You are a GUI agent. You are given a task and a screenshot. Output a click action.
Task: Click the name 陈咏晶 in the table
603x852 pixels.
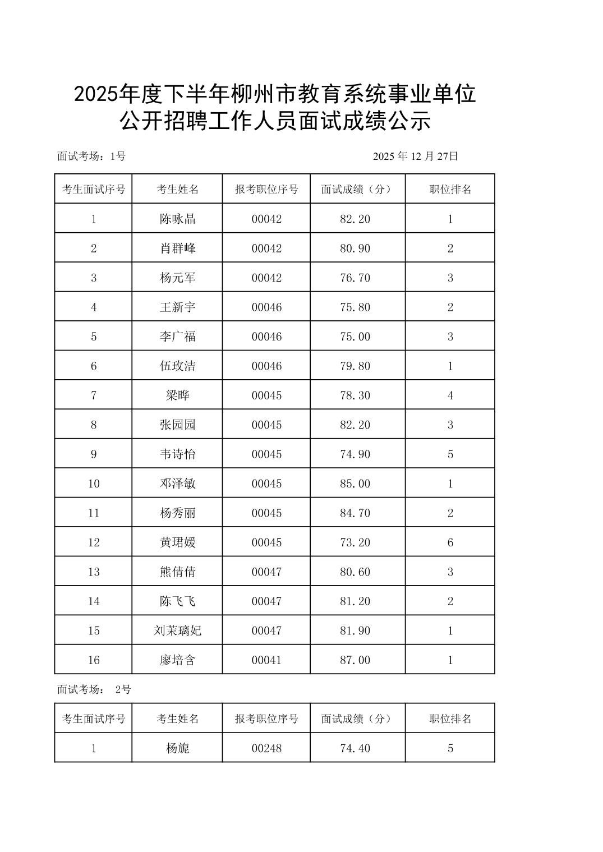tap(177, 219)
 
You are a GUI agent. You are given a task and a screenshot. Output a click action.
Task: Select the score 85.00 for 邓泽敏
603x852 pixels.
tap(355, 483)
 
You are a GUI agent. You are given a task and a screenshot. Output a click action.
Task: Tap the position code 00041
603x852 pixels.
tap(266, 660)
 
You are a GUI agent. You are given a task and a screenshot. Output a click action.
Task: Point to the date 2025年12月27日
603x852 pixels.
tap(415, 156)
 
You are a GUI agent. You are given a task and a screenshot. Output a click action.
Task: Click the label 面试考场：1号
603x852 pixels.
tap(91, 156)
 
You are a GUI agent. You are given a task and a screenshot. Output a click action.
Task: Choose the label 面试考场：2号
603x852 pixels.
tap(94, 689)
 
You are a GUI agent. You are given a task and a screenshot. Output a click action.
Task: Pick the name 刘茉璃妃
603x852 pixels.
tap(177, 630)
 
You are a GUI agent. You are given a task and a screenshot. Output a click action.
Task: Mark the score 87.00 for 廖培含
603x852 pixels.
tap(355, 660)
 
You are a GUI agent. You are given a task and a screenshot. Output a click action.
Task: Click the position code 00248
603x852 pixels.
tap(266, 748)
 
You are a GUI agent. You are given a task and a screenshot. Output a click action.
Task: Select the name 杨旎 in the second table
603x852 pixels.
tap(177, 748)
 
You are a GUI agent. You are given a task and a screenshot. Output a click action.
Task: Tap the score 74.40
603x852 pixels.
tap(355, 748)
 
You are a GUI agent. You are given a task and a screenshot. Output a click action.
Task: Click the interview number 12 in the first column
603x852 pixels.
tap(94, 542)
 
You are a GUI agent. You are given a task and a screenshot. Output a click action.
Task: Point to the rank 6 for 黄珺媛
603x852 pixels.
tap(450, 542)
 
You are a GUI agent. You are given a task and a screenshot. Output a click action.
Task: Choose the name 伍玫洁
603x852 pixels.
tap(177, 366)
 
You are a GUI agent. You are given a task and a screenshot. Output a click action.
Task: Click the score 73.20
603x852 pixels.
tap(355, 542)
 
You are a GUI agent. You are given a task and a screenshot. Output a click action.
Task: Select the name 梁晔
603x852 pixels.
tap(177, 395)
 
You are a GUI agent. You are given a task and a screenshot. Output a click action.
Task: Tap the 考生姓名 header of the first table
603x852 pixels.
tap(177, 190)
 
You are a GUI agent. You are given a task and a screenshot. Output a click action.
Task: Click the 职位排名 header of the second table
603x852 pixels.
tap(450, 719)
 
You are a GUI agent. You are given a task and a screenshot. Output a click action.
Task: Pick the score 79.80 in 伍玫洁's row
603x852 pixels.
tap(355, 366)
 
